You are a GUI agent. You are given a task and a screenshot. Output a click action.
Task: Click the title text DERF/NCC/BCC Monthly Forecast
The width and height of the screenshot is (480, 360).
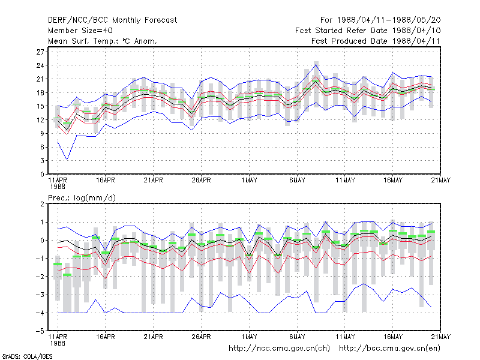(112, 20)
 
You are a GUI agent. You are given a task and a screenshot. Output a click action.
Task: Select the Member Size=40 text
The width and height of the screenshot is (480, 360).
(80, 31)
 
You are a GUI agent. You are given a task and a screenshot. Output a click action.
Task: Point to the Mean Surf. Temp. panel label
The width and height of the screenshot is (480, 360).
(103, 41)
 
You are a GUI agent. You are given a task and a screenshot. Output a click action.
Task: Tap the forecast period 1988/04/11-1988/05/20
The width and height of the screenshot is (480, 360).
(380, 20)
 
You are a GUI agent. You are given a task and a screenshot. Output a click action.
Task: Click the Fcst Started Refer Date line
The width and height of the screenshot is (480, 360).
(368, 31)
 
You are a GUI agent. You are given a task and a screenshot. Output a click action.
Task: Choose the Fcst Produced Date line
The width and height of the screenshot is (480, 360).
(376, 41)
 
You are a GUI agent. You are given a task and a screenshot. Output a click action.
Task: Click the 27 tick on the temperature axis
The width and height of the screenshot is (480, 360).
(40, 52)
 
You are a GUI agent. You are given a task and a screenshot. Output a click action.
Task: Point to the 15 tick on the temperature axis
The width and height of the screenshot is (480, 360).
(40, 106)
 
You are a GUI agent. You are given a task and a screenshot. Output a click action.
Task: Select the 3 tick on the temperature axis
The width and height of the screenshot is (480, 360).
(42, 161)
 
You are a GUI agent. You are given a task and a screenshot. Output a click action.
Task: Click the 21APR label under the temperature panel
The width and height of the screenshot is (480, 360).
(154, 181)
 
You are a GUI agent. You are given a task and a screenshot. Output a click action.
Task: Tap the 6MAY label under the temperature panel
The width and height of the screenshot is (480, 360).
(297, 181)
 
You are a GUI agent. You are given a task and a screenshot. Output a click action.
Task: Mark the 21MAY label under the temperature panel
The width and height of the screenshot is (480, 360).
(441, 181)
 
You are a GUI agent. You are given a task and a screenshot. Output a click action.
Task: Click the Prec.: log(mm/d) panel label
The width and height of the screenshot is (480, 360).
(82, 198)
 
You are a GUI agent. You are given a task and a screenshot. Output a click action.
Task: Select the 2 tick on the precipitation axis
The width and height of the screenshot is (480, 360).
(42, 204)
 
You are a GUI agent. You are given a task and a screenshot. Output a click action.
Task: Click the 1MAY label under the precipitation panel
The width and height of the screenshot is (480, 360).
(249, 337)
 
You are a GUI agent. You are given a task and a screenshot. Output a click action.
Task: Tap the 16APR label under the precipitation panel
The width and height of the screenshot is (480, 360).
(106, 337)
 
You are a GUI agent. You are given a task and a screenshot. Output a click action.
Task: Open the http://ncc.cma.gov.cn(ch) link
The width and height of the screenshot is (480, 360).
(279, 349)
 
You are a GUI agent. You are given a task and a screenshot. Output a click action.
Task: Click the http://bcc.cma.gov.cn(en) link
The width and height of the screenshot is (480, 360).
(389, 349)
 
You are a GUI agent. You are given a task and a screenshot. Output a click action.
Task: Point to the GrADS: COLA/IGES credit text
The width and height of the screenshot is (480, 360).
(28, 356)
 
